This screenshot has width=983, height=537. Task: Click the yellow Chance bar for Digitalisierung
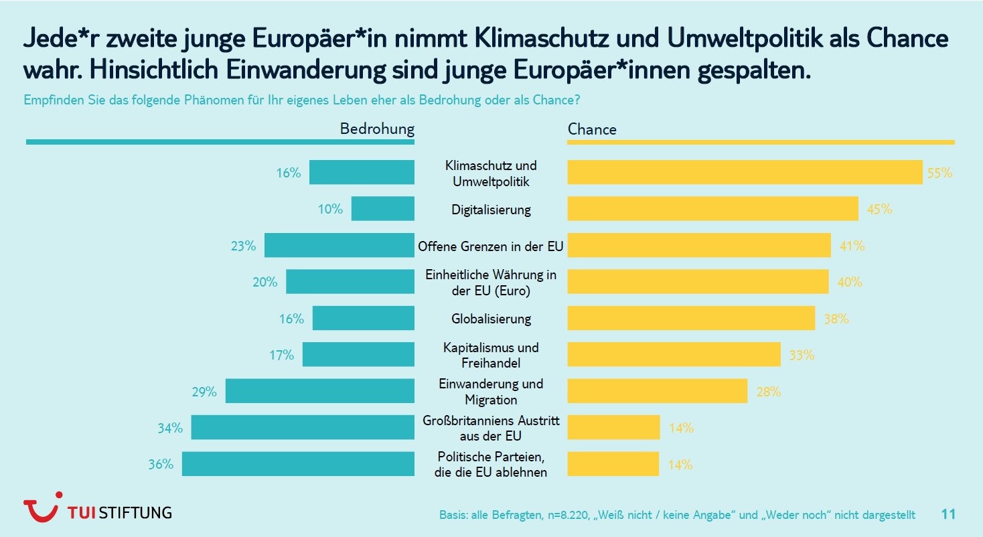point(712,209)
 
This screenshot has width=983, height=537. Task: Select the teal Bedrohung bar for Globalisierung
point(363,319)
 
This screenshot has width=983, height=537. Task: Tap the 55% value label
point(939,173)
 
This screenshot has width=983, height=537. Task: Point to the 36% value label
point(161,464)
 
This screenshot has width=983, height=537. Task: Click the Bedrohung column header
point(377,129)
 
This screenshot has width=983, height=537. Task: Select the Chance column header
point(592,129)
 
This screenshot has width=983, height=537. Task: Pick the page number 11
point(948,514)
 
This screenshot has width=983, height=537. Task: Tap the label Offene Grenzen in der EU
point(491,246)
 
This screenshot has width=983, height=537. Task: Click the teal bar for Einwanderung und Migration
point(319,391)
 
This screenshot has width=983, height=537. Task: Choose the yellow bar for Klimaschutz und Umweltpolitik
point(745,173)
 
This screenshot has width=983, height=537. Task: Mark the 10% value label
point(330,209)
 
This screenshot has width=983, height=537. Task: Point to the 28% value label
point(769,392)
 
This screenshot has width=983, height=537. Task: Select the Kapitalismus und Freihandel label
point(491,355)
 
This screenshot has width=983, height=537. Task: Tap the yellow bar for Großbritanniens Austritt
point(613,427)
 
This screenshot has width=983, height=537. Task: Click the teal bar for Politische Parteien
point(298,464)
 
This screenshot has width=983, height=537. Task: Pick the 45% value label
point(879,209)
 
